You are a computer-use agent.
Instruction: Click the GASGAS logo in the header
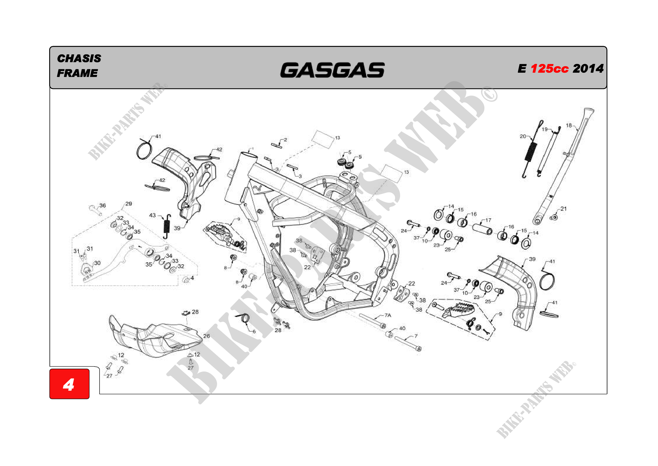tap(332, 70)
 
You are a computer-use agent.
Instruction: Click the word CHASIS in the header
tap(79, 58)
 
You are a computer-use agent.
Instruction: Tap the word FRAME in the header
tap(77, 73)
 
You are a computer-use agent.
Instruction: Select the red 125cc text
tap(549, 68)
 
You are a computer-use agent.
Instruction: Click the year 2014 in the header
tap(588, 68)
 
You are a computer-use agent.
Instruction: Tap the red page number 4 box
tap(69, 384)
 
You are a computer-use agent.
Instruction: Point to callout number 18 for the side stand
tap(569, 125)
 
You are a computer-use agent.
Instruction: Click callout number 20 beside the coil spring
tap(523, 136)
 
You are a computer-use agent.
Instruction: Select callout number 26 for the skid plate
tap(206, 336)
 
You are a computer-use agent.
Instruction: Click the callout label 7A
tap(388, 315)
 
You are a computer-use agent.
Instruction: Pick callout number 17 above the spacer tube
tap(488, 220)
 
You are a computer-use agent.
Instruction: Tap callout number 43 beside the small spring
tap(152, 215)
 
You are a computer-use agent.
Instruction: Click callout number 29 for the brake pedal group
tap(129, 204)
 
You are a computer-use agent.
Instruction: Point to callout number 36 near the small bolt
tap(103, 205)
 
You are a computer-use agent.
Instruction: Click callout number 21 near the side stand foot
tap(563, 208)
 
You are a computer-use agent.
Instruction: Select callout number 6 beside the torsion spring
tap(254, 331)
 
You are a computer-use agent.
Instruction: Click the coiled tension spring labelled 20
tap(531, 151)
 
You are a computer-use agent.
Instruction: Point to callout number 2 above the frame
tap(286, 140)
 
